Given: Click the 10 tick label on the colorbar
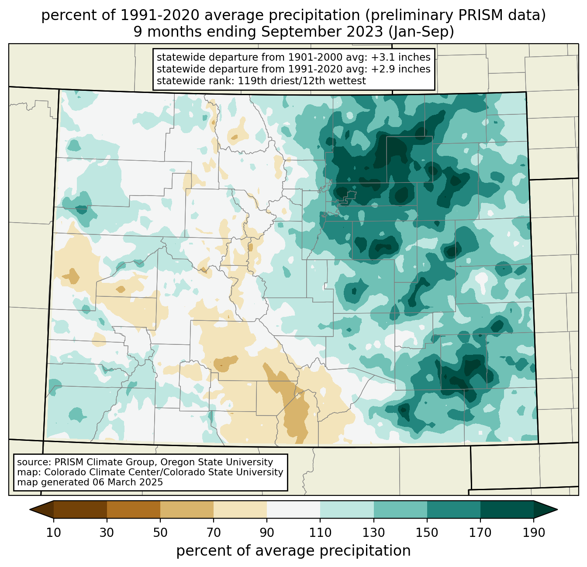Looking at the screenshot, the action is pyautogui.click(x=53, y=533).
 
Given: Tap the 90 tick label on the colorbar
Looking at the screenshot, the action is pyautogui.click(x=267, y=533).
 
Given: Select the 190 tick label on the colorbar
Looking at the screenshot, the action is pyautogui.click(x=534, y=533).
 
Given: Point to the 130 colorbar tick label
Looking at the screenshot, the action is pyautogui.click(x=373, y=533).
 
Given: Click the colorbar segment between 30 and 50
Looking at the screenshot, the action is pyautogui.click(x=133, y=509).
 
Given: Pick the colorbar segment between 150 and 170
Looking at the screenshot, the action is pyautogui.click(x=453, y=509).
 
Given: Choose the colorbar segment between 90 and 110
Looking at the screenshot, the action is pyautogui.click(x=293, y=509).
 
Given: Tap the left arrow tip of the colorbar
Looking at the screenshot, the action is pyautogui.click(x=30, y=509).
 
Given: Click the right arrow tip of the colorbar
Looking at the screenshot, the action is pyautogui.click(x=557, y=509).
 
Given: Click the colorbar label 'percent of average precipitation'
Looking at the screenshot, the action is pyautogui.click(x=293, y=551).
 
